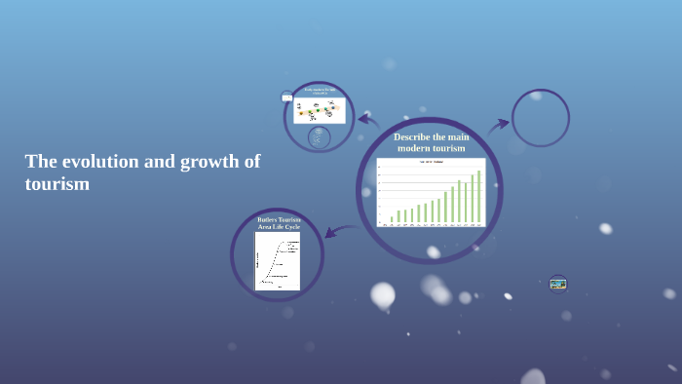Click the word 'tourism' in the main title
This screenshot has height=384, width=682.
pyautogui.click(x=57, y=183)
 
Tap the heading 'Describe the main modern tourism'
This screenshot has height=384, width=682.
pyautogui.click(x=431, y=142)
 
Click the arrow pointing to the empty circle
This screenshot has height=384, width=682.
pyautogui.click(x=499, y=124)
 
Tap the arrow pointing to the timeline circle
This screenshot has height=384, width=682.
pyautogui.click(x=367, y=121)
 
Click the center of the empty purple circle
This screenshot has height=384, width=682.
pyautogui.click(x=540, y=118)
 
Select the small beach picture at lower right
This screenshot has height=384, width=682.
pyautogui.click(x=557, y=283)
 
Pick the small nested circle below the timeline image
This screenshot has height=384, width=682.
pyautogui.click(x=319, y=137)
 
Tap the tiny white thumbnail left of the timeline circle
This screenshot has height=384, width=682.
pyautogui.click(x=287, y=96)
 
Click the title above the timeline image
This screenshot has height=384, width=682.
pyautogui.click(x=320, y=91)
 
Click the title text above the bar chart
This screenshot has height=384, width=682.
pyautogui.click(x=431, y=162)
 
